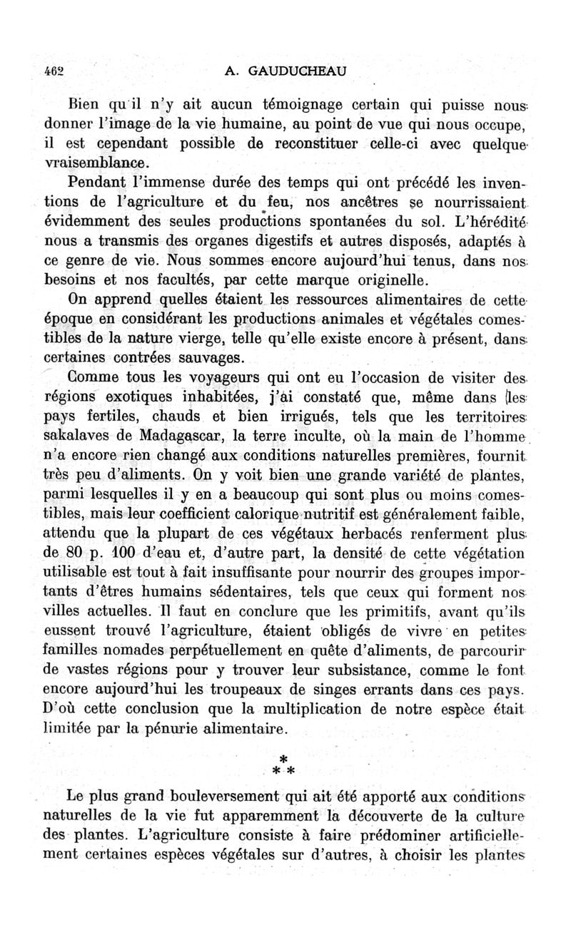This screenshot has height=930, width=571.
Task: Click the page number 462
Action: [53, 71]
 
